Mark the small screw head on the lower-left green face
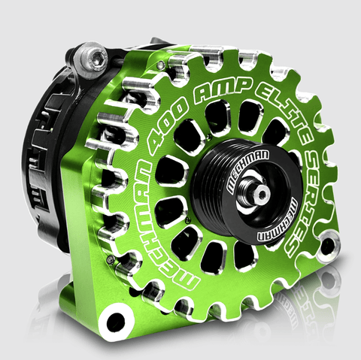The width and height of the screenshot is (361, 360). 111,260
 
